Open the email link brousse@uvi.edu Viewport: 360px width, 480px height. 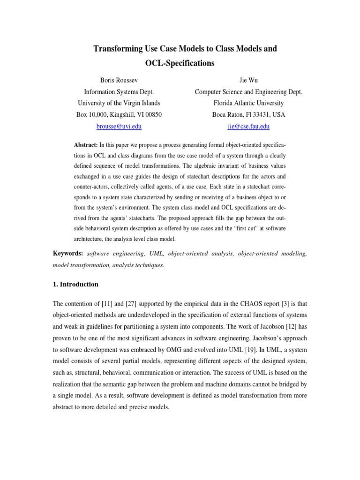click(x=119, y=126)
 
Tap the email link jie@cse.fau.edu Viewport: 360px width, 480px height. click(x=248, y=126)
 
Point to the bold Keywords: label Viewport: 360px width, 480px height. click(x=68, y=254)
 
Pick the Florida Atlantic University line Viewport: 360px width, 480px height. click(x=248, y=103)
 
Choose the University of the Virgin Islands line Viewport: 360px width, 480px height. click(x=119, y=103)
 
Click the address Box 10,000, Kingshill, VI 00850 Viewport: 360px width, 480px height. click(x=119, y=114)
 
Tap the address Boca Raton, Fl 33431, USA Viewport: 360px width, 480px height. click(x=248, y=114)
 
